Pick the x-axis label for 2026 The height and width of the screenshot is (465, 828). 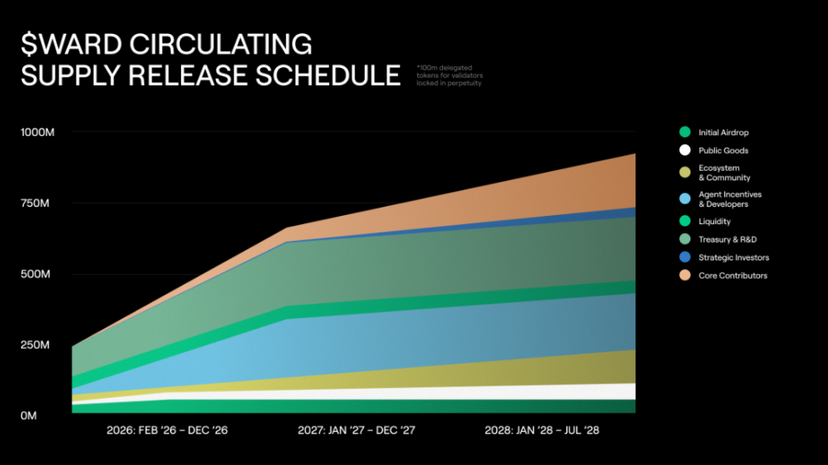167,430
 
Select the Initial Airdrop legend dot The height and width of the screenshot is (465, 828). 684,132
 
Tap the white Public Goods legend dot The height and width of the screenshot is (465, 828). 684,150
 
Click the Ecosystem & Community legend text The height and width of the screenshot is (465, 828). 724,173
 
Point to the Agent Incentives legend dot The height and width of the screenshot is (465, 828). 684,199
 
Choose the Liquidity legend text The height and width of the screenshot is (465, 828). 714,222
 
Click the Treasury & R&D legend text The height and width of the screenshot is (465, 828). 727,239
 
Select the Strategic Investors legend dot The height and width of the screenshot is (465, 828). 684,257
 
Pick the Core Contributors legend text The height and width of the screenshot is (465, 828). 733,276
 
